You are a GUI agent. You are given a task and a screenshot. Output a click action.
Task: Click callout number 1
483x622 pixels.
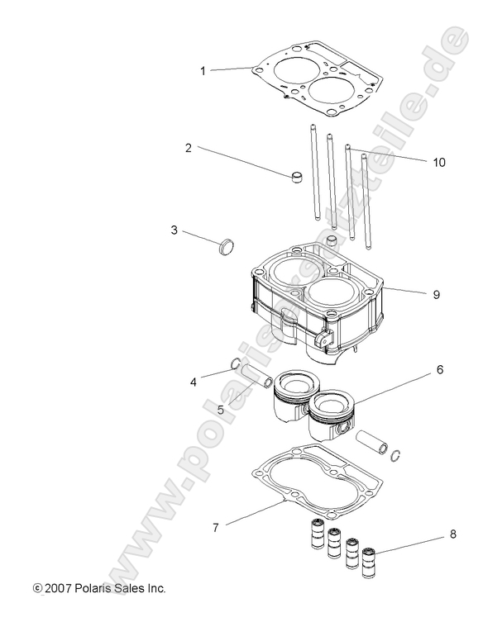tap(203, 71)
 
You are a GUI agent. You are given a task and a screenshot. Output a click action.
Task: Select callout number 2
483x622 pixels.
tap(189, 148)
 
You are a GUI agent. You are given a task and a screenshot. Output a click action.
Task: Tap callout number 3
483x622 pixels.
tap(175, 230)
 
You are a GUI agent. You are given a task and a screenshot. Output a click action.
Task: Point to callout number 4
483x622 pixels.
tap(193, 382)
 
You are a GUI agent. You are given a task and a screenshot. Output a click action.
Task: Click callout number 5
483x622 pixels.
tap(221, 408)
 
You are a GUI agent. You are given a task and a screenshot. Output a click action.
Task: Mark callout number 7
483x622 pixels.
tap(216, 526)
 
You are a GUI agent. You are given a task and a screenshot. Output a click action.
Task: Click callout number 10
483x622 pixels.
tap(438, 163)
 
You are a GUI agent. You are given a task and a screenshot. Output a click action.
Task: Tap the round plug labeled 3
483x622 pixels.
tap(226, 245)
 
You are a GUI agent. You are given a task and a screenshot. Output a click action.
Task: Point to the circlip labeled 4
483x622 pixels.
tap(235, 365)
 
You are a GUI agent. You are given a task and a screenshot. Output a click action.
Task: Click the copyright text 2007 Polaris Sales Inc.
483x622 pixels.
tap(99, 588)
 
